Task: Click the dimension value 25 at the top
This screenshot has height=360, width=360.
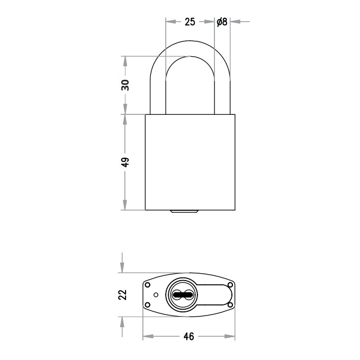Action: click(190, 22)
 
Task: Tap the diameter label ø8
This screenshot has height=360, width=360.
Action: click(222, 22)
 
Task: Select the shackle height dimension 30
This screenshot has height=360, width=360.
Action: click(125, 85)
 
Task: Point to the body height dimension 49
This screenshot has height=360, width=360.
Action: click(125, 162)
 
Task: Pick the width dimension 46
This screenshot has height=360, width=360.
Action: click(188, 336)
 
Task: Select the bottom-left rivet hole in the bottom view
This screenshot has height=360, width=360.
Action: click(148, 304)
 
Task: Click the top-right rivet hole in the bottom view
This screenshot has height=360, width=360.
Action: click(230, 285)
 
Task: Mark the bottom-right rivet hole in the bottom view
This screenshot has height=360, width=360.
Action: click(230, 304)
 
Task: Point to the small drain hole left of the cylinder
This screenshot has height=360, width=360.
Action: click(156, 294)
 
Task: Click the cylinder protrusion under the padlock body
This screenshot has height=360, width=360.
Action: click(184, 212)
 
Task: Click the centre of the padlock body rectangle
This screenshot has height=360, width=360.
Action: click(190, 162)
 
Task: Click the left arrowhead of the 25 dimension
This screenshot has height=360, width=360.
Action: click(169, 22)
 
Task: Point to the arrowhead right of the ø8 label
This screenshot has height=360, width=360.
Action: click(235, 22)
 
